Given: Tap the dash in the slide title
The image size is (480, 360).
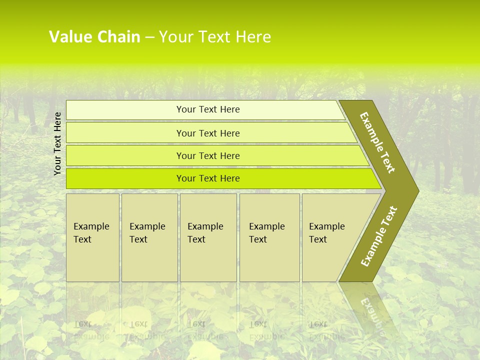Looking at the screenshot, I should point(149,37).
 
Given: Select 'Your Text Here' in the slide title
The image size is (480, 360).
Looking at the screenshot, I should point(215,37).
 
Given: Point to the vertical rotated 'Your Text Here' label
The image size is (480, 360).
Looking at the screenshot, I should point(57,143).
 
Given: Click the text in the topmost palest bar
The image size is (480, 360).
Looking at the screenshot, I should point(208,109).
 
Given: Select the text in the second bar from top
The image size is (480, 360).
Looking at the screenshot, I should point(208,133).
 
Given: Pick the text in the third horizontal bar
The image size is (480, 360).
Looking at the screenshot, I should point(208,156).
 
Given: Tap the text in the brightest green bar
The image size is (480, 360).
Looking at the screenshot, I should point(208,178).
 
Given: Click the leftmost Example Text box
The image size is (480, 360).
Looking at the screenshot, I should point(92,237).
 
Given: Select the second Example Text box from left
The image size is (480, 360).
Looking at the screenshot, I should point(149,237).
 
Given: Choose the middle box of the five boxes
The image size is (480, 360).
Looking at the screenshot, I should point(208,237).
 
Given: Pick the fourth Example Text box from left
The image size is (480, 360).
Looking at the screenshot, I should point(269,237).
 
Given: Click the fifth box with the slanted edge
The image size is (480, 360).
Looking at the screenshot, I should point(330,237).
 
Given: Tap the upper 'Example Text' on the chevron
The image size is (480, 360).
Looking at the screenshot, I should point(377,142).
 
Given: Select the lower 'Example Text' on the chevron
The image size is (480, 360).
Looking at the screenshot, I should point(378,236).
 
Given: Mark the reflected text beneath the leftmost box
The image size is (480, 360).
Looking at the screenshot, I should point(91,330).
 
